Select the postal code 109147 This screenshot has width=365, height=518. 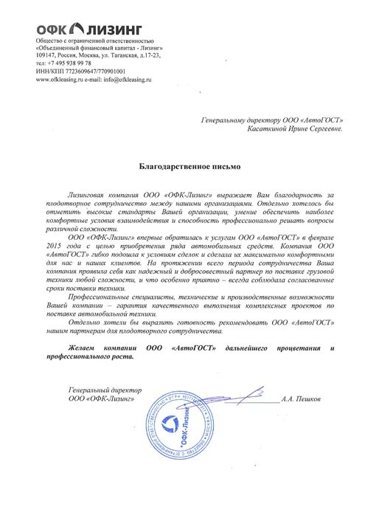(47, 55)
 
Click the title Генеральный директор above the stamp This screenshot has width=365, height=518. (103, 389)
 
